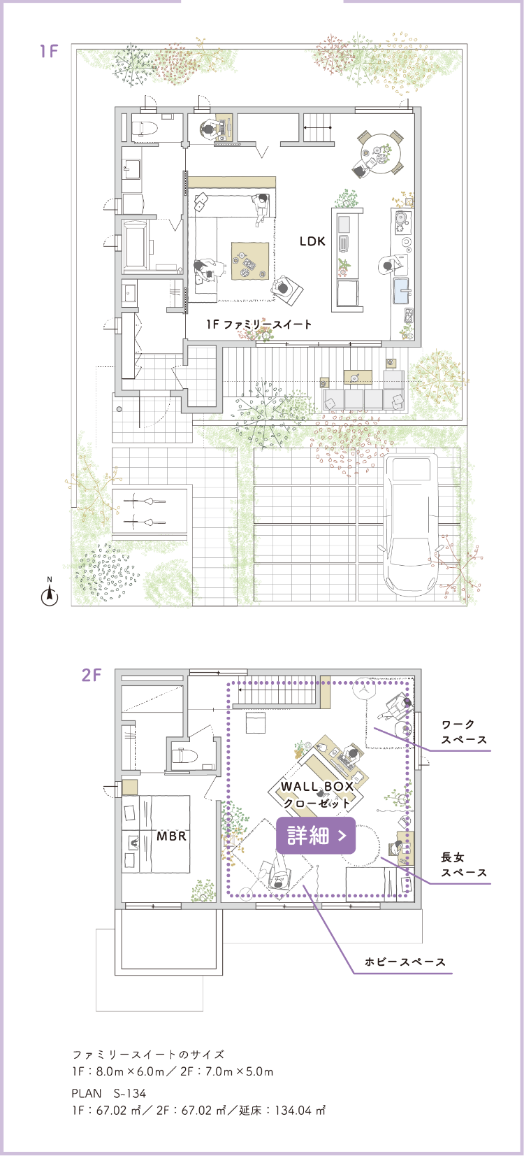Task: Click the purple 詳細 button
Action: click(316, 835)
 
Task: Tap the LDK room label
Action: click(312, 241)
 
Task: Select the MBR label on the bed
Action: click(171, 836)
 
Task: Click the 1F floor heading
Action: click(49, 51)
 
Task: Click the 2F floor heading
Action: click(92, 674)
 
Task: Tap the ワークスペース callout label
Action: click(464, 732)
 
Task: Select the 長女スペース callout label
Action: click(464, 865)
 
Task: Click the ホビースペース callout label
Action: click(405, 962)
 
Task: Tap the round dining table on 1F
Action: click(381, 152)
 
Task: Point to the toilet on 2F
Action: click(184, 756)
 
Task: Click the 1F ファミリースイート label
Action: click(259, 324)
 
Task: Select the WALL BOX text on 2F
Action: click(317, 787)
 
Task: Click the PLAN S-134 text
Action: click(109, 1093)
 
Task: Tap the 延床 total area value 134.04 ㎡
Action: click(300, 1110)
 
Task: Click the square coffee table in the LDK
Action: click(249, 262)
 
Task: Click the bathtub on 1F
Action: click(136, 245)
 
